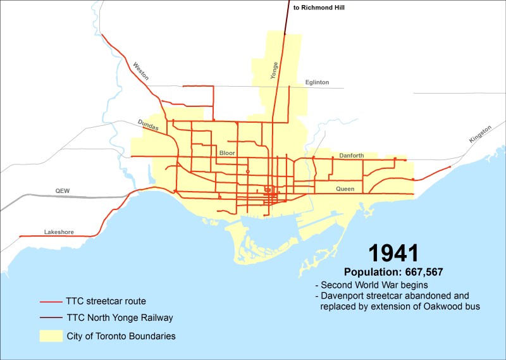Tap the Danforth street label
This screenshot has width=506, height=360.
pyautogui.click(x=351, y=155)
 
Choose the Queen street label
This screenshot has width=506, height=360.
pyautogui.click(x=345, y=189)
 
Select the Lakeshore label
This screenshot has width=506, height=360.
pyautogui.click(x=59, y=232)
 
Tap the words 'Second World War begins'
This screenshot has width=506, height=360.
pyautogui.click(x=367, y=284)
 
